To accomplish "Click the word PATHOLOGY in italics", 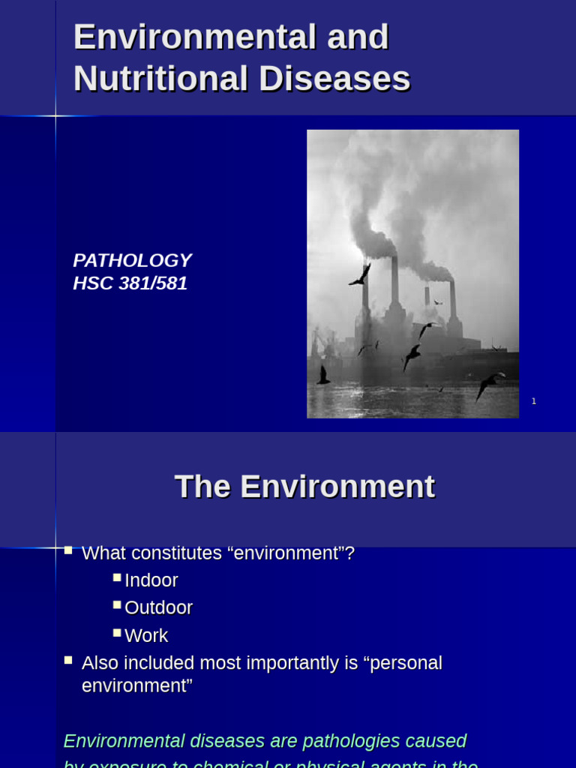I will click(x=132, y=260).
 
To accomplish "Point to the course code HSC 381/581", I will click(x=130, y=283).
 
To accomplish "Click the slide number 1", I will click(x=534, y=401).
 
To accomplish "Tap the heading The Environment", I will click(x=304, y=487).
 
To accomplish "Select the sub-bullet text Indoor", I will click(x=151, y=580).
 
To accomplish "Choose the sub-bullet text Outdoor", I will click(x=158, y=607).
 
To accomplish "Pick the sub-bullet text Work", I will click(x=146, y=635).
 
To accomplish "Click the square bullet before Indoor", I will click(x=117, y=577).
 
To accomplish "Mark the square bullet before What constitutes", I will click(x=68, y=550).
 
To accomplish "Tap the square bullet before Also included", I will click(x=68, y=660).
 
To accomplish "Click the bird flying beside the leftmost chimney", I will click(x=361, y=275).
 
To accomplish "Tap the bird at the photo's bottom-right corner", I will click(x=489, y=384).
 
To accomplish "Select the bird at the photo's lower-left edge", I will click(x=323, y=376).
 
